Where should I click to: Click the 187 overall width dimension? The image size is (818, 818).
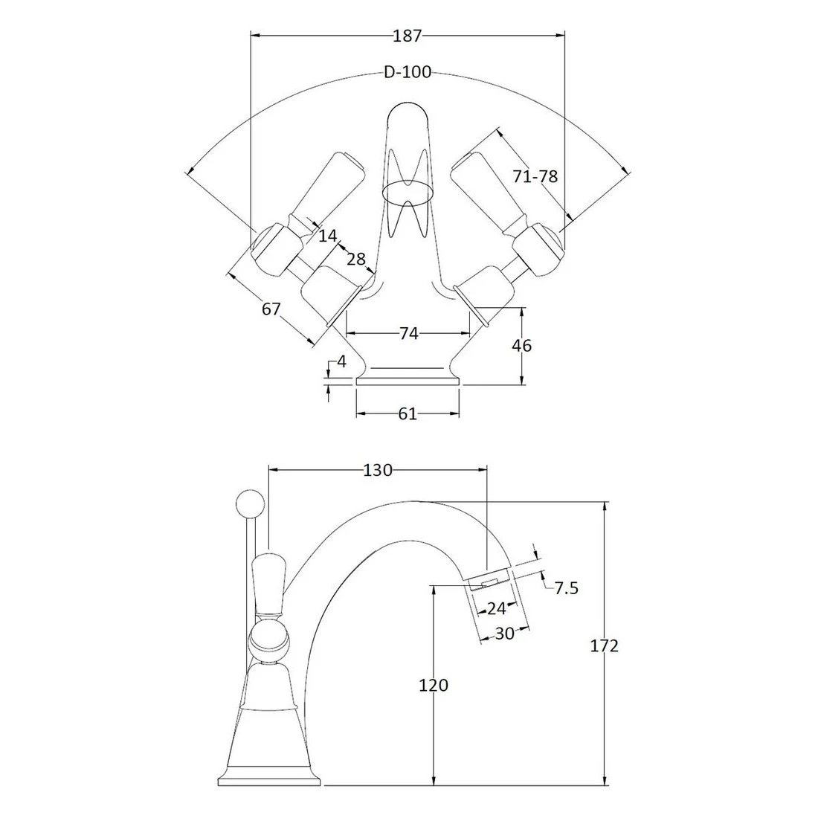click(x=408, y=35)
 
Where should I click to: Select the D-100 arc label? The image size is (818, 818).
click(x=408, y=72)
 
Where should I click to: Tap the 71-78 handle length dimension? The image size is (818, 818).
click(x=535, y=176)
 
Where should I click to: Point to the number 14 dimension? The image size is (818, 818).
click(x=327, y=236)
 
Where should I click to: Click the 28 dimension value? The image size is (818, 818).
click(x=356, y=259)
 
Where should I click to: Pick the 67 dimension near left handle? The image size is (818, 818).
click(x=271, y=307)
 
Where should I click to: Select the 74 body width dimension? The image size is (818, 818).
click(x=408, y=333)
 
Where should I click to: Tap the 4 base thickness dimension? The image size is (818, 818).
click(x=341, y=362)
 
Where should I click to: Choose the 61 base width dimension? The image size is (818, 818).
click(x=408, y=414)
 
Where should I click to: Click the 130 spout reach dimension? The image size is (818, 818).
click(x=378, y=470)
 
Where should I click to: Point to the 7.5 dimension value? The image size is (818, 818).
click(x=566, y=588)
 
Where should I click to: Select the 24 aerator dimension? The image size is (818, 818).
click(x=496, y=608)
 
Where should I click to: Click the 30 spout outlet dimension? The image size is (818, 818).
click(x=504, y=634)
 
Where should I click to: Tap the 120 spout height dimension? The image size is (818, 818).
click(x=434, y=685)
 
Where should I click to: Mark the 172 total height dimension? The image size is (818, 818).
click(x=605, y=645)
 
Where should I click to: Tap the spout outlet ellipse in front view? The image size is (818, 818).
click(x=408, y=192)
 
